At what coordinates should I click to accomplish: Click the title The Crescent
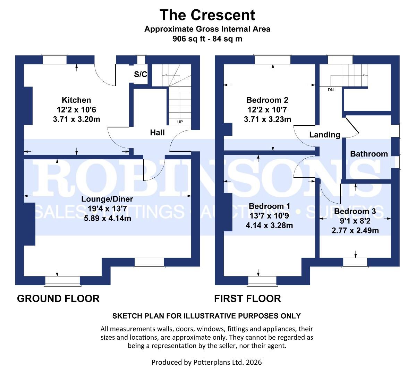[207, 15]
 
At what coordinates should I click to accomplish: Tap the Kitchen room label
[76, 100]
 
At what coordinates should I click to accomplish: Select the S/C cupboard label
[140, 74]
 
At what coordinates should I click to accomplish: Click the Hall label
[157, 132]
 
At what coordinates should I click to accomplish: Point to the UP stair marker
[180, 122]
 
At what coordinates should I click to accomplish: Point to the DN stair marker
[331, 90]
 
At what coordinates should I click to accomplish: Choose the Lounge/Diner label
[107, 199]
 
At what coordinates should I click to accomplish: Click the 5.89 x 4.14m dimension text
[107, 219]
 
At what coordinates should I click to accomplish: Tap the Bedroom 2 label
[267, 100]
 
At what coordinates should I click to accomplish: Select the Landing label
[324, 135]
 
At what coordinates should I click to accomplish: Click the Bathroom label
[369, 154]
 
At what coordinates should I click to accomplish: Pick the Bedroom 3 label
[355, 211]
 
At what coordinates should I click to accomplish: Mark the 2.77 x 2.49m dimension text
[355, 230]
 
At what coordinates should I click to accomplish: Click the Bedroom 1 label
[269, 206]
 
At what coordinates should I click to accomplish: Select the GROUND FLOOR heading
[58, 298]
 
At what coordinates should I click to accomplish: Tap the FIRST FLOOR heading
[247, 298]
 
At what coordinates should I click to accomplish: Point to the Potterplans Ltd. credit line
[206, 362]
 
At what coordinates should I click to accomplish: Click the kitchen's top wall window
[54, 59]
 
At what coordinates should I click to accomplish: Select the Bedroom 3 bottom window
[355, 262]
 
